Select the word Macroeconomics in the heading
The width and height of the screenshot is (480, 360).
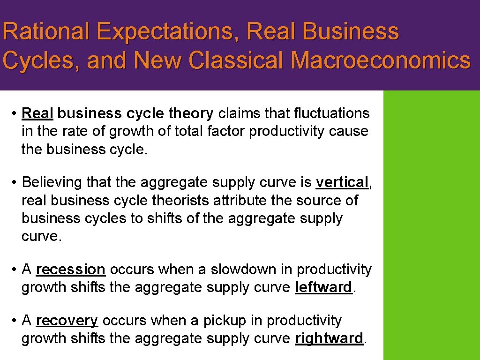click(x=380, y=61)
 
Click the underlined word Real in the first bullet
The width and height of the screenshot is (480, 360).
click(x=37, y=113)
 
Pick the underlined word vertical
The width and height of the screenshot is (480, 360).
click(x=342, y=182)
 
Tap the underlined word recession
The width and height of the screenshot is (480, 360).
click(x=70, y=270)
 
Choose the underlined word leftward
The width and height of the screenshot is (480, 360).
click(x=323, y=287)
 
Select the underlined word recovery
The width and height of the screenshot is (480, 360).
click(x=67, y=321)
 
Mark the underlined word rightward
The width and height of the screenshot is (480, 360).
click(x=329, y=338)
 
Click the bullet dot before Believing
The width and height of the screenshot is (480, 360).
click(x=15, y=182)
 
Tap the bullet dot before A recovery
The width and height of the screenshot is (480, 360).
click(x=15, y=321)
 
